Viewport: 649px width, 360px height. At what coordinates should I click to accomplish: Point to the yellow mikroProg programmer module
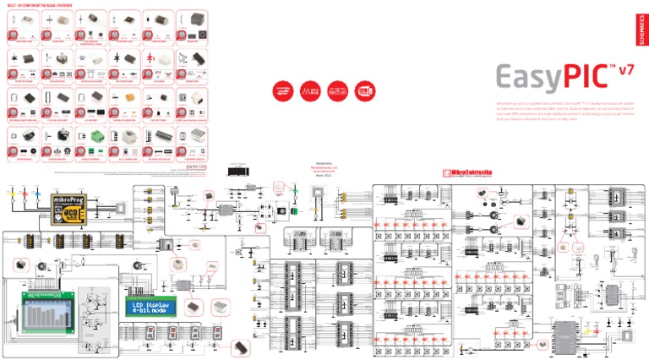point(68,206)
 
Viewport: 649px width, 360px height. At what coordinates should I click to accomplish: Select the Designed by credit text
point(302,166)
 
